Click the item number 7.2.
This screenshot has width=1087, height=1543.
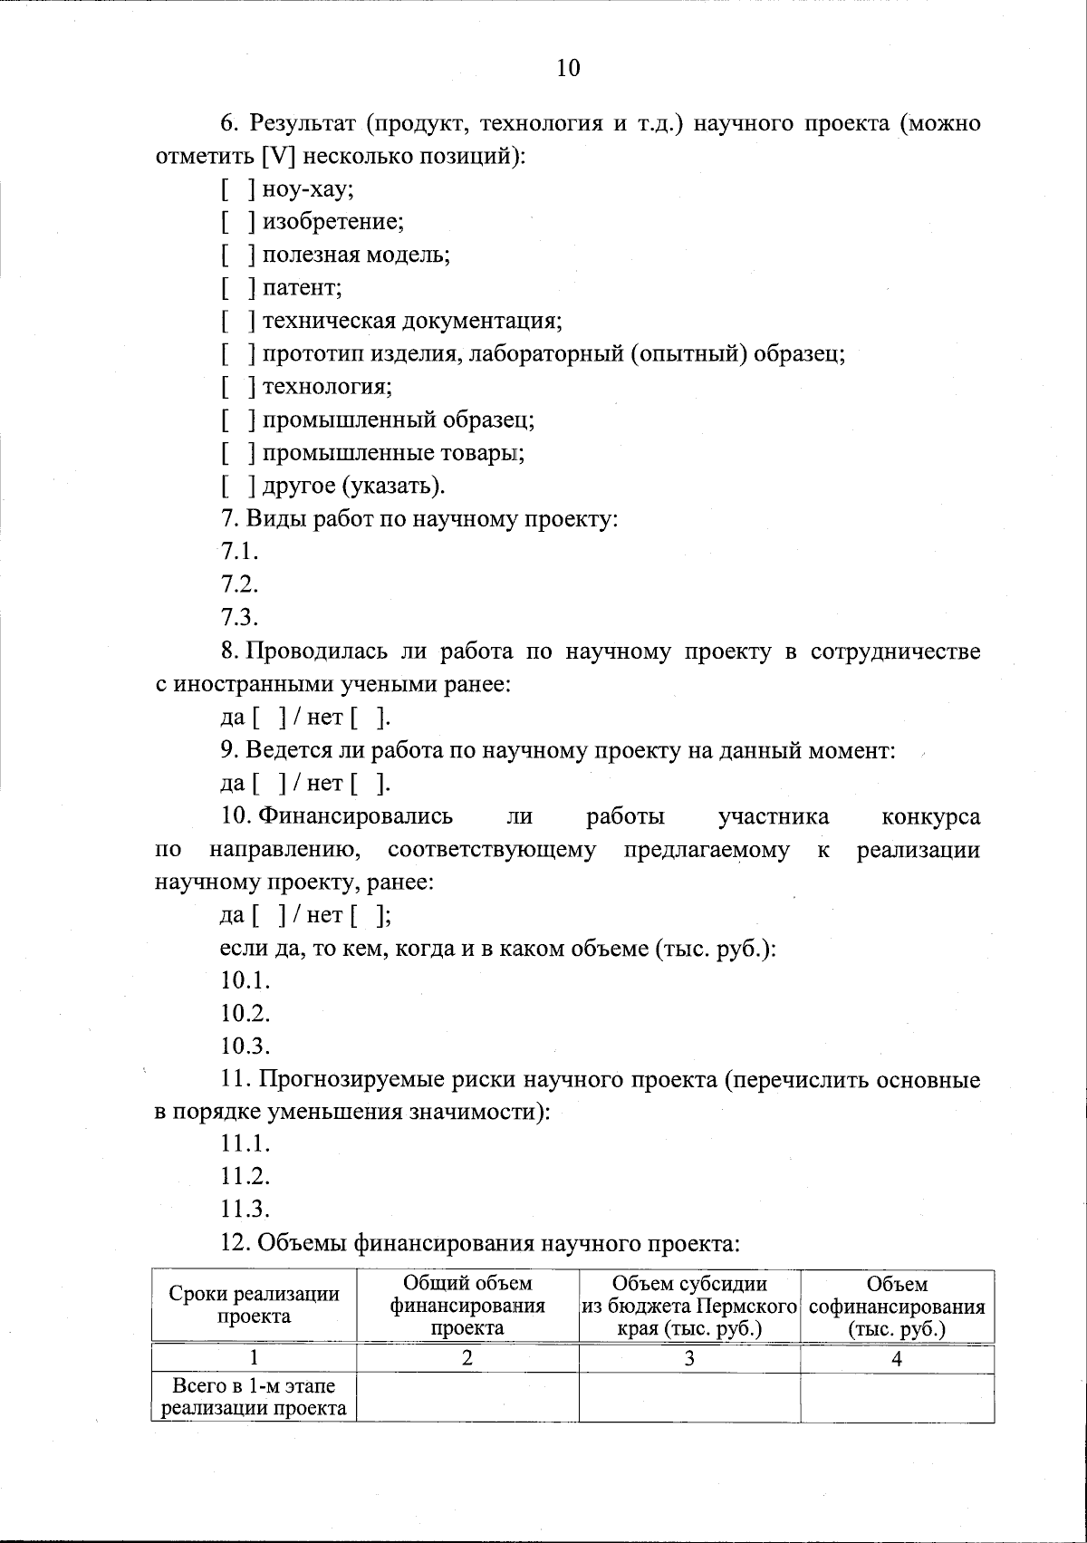coord(239,584)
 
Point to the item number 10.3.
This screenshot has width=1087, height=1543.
coord(245,1046)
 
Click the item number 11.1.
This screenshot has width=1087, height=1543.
coord(245,1144)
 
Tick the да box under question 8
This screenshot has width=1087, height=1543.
coord(270,718)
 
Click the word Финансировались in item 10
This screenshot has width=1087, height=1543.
coord(356,816)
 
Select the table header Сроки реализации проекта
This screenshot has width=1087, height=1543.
coord(255,1305)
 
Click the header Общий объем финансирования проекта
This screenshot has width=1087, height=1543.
coord(467,1306)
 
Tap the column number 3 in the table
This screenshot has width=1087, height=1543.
coord(689,1358)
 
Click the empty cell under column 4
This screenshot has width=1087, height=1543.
coord(897,1396)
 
